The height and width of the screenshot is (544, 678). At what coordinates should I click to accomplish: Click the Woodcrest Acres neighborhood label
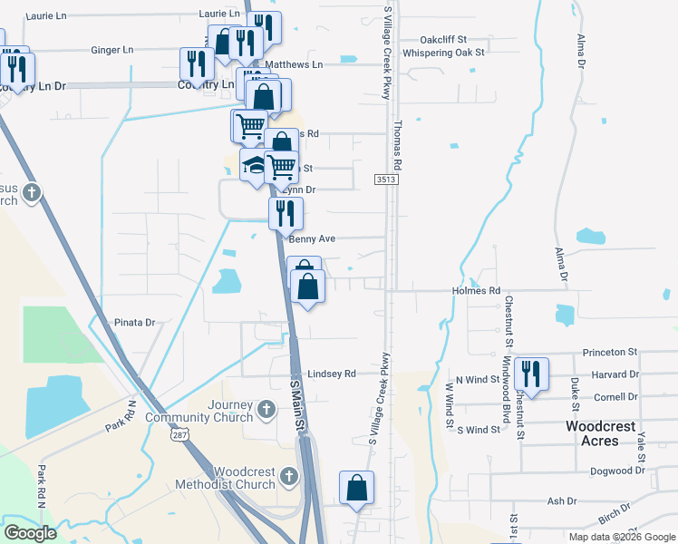point(592,432)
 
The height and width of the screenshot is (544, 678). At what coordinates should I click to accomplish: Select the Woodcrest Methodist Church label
point(244,478)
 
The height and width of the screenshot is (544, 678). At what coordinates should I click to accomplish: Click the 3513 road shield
point(385,181)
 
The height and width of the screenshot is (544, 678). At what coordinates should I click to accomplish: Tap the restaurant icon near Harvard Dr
point(530,374)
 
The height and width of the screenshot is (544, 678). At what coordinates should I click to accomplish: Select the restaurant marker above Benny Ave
point(286,214)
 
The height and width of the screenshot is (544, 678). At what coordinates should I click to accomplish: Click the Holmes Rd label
point(476,291)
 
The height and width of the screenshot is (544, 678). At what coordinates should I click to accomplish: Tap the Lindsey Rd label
point(332,374)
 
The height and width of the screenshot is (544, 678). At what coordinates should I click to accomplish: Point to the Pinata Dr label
point(135,322)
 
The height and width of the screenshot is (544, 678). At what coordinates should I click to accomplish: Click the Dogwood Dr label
point(615,471)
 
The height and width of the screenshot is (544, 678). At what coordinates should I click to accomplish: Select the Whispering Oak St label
point(444,53)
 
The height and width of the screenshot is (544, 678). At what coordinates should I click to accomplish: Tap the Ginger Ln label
point(112,50)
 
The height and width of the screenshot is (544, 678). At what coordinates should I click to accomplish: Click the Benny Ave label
point(312,238)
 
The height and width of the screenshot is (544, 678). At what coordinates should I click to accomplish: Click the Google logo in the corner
point(30,533)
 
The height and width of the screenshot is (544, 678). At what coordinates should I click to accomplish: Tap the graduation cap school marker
point(255,166)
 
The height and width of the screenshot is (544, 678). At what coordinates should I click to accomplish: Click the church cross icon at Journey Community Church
point(266,408)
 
